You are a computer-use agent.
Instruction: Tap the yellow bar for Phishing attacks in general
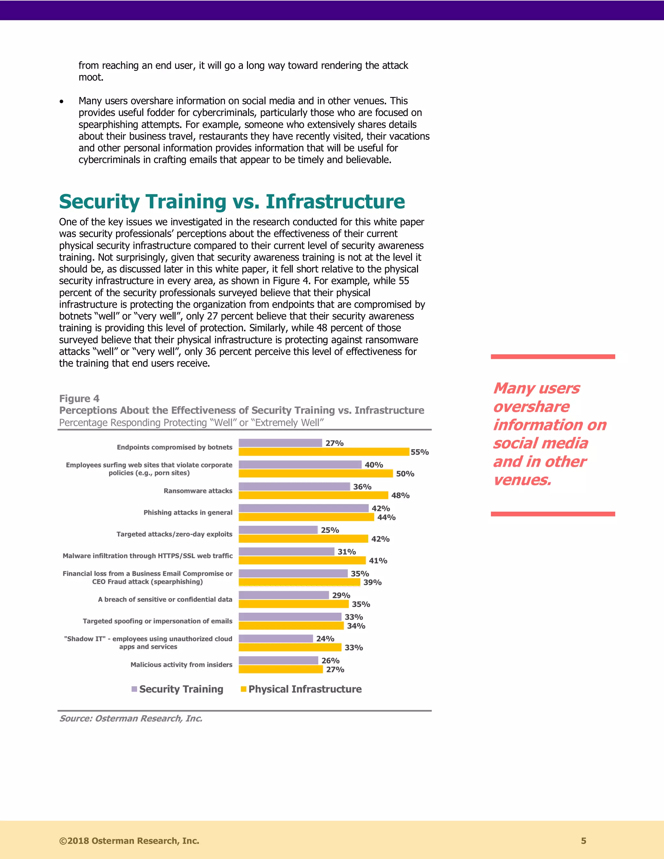(306, 517)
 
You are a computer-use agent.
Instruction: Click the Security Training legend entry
(178, 689)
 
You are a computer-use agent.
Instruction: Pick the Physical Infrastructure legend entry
(301, 689)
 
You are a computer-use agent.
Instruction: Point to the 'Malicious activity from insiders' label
(181, 665)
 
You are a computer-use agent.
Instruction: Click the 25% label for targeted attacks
(330, 530)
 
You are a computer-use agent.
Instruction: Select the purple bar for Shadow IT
(276, 639)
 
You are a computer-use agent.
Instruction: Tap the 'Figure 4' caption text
(79, 398)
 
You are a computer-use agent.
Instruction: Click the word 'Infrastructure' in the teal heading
(335, 201)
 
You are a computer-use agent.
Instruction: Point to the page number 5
(583, 841)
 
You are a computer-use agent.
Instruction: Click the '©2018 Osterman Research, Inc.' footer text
(129, 841)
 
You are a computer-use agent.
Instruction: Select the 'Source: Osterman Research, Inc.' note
(131, 719)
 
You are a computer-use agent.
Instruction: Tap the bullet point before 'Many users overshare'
(61, 101)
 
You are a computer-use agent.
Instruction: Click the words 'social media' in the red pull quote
(540, 443)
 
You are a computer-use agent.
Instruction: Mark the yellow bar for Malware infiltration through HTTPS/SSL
(302, 560)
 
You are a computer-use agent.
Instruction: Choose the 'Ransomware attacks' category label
(198, 491)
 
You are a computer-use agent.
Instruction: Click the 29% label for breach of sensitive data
(341, 595)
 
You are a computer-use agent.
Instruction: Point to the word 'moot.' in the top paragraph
(91, 77)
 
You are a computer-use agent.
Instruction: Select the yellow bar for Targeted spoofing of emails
(291, 626)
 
